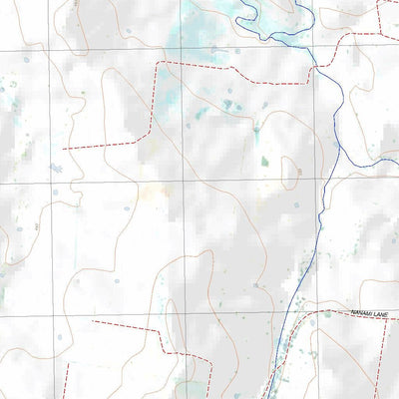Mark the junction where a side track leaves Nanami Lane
[x=325, y=312]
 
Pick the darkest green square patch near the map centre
[x=264, y=161]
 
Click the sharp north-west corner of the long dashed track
[x=159, y=62]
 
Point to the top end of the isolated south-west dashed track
[x=68, y=364]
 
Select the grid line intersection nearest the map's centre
[x=183, y=181]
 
